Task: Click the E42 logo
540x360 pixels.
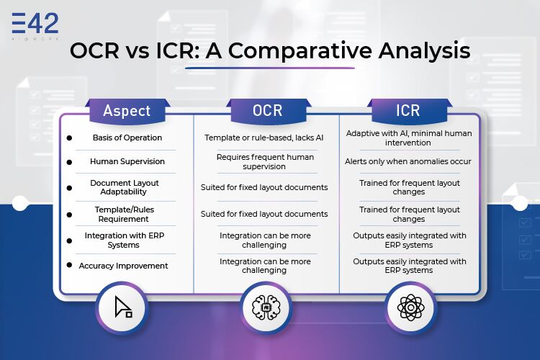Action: click(35, 26)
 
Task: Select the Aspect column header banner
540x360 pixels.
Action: click(127, 111)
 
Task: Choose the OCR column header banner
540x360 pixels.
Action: click(268, 111)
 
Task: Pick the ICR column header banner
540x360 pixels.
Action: click(408, 111)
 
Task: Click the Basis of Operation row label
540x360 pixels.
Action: click(127, 138)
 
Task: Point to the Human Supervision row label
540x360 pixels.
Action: click(127, 161)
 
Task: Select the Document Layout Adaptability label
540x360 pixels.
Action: click(125, 187)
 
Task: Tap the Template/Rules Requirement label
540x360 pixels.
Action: click(125, 214)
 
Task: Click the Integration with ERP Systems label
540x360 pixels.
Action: click(125, 240)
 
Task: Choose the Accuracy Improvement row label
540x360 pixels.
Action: click(123, 266)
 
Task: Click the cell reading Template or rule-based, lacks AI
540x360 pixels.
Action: click(264, 138)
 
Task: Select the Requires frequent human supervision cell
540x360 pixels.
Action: click(265, 161)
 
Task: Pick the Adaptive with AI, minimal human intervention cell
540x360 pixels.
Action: click(409, 138)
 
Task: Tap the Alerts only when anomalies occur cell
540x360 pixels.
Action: click(408, 161)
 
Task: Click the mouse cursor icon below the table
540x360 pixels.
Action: click(123, 307)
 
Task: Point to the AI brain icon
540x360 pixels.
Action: click(266, 307)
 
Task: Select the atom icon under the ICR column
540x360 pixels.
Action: click(410, 307)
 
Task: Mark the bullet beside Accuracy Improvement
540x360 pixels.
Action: click(69, 265)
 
